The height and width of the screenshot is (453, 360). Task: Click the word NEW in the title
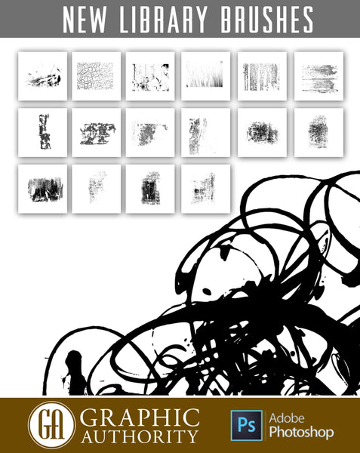[x=85, y=20]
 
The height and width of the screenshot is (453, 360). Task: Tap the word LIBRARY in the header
[x=164, y=20]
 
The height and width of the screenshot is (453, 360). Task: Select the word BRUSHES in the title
[x=266, y=20]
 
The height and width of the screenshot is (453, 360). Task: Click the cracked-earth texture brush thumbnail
[x=96, y=76]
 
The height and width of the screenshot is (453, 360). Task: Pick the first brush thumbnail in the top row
[x=42, y=76]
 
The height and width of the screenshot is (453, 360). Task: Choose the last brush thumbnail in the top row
[x=318, y=76]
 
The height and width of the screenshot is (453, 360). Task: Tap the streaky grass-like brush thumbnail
[x=205, y=76]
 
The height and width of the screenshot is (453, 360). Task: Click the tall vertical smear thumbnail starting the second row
[x=42, y=132]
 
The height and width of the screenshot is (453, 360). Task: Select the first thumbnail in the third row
[x=42, y=189]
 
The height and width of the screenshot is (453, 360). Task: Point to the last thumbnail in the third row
[x=205, y=189]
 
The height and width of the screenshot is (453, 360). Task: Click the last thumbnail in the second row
[x=318, y=132]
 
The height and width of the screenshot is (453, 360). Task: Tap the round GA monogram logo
[x=51, y=424]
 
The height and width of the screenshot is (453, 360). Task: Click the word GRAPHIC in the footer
[x=140, y=418]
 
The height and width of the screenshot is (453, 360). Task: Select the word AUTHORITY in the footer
[x=140, y=436]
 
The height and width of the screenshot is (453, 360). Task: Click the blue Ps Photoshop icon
[x=247, y=425]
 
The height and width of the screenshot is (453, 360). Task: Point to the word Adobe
[x=287, y=418]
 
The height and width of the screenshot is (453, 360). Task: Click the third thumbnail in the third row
[x=150, y=189]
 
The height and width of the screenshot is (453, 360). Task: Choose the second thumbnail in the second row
[x=96, y=132]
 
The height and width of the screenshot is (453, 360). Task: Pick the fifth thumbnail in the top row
[x=262, y=76]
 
